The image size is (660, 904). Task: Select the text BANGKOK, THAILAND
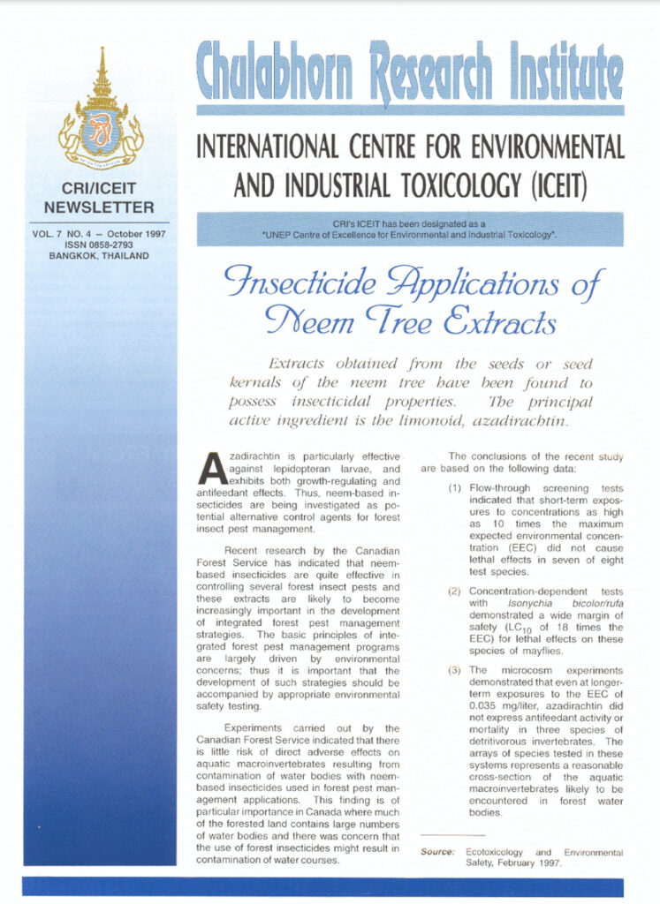point(99,256)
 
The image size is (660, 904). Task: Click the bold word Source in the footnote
point(437,852)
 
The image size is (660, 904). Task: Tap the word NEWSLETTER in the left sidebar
point(99,207)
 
